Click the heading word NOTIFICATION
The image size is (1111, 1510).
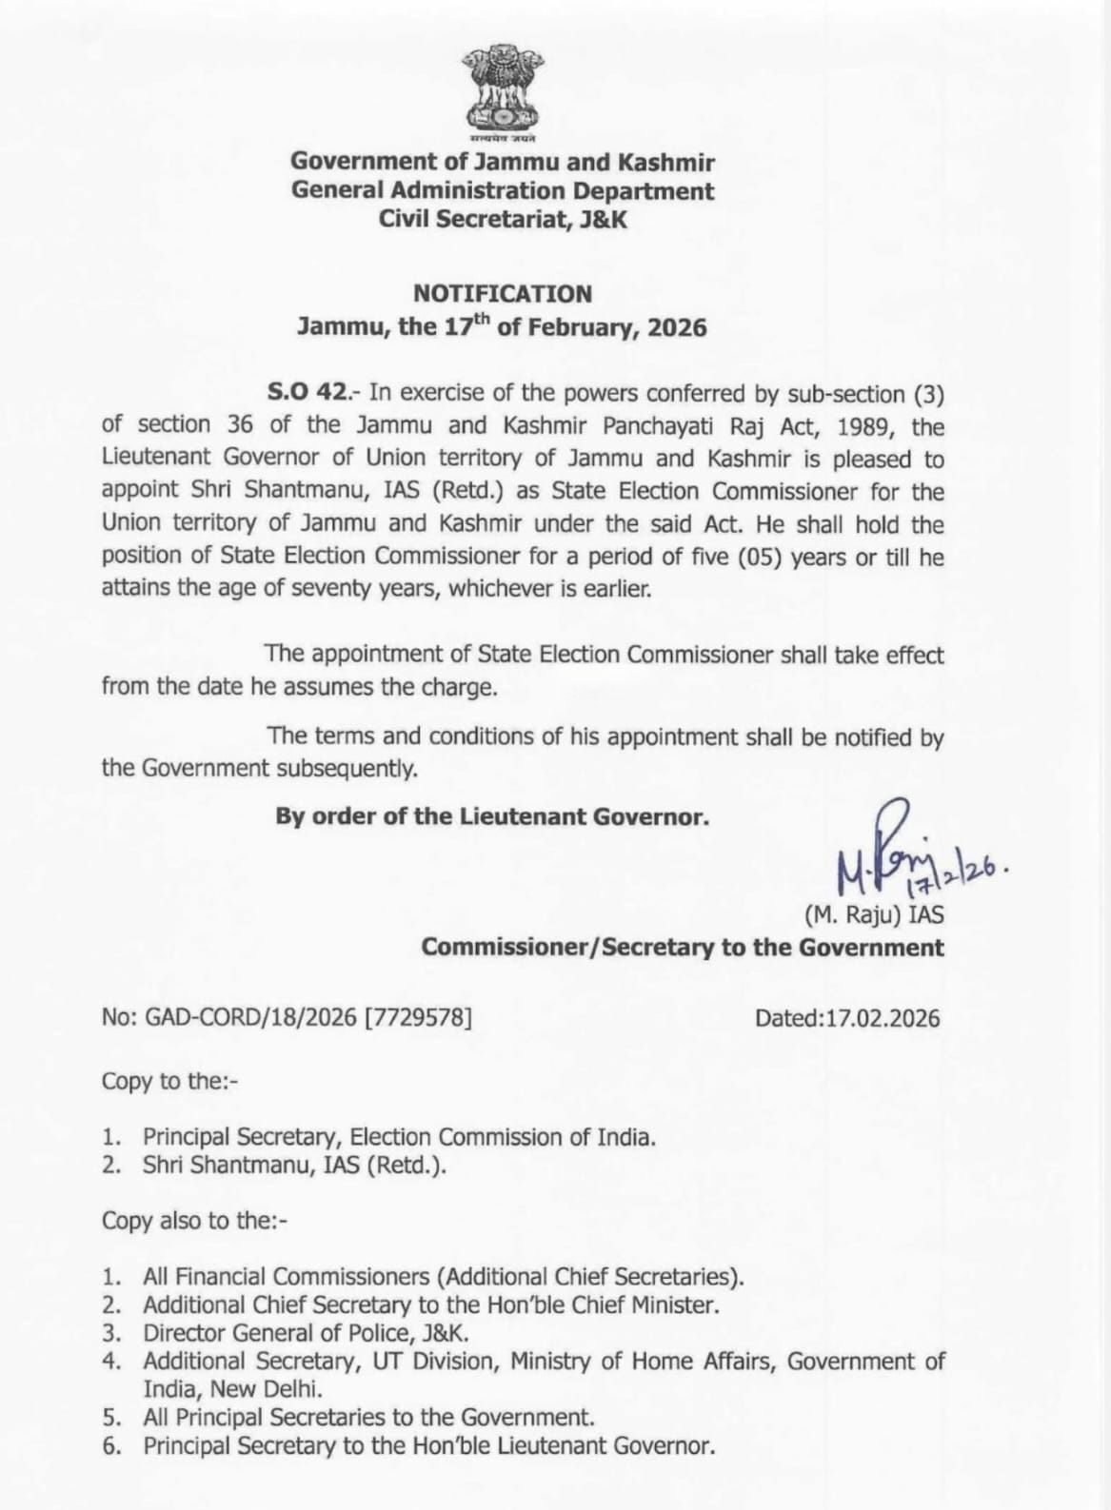tap(502, 294)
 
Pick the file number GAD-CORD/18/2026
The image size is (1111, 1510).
tap(250, 1018)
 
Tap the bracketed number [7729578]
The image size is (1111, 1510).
tap(418, 1018)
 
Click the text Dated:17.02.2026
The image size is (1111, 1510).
tap(846, 1018)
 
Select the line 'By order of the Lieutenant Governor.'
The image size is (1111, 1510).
tap(492, 816)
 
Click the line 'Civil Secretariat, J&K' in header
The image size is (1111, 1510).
tap(503, 220)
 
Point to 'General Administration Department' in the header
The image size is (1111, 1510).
tap(503, 190)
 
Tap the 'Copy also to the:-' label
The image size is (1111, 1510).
tap(194, 1221)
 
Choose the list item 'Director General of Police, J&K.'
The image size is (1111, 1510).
tap(306, 1333)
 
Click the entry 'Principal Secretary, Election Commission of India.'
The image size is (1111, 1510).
tap(399, 1137)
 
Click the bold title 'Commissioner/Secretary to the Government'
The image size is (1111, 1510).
tap(683, 948)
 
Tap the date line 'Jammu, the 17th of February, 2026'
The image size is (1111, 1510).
tap(502, 327)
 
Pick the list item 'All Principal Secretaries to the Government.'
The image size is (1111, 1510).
tap(368, 1417)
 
